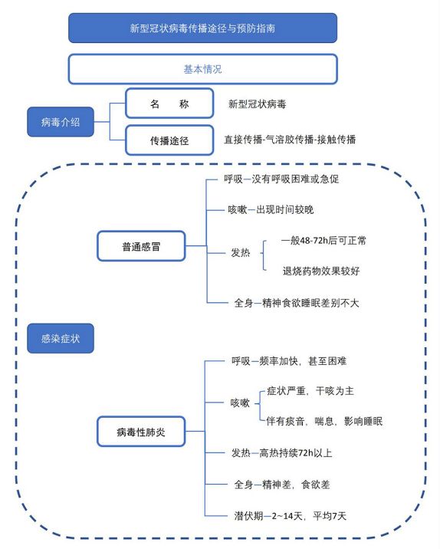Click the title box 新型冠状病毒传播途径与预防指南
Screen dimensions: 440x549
pos(202,28)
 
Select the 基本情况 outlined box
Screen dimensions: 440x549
pos(202,69)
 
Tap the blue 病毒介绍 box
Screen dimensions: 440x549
pos(61,122)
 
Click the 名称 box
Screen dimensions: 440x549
pos(169,104)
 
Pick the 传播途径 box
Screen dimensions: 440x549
pos(169,140)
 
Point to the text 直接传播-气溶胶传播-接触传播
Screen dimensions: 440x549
pos(290,140)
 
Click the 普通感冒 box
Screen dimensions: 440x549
pos(141,246)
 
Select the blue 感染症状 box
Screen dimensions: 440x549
pos(61,338)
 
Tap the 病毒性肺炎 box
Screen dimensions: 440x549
pos(141,432)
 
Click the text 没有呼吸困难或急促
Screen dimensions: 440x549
pos(295,179)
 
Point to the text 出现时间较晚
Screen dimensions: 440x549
pos(285,210)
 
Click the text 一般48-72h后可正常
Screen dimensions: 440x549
pos(323,241)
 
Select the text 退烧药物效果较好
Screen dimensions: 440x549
pos(321,271)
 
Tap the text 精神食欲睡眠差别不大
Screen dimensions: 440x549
pos(310,303)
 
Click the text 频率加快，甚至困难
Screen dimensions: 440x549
pos(303,361)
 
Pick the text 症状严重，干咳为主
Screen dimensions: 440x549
pos(310,391)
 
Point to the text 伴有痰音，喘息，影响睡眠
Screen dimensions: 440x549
pos(324,421)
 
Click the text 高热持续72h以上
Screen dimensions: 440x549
pos(295,453)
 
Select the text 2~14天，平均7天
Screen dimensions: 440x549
pos(309,516)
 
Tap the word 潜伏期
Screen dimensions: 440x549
pos(248,516)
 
